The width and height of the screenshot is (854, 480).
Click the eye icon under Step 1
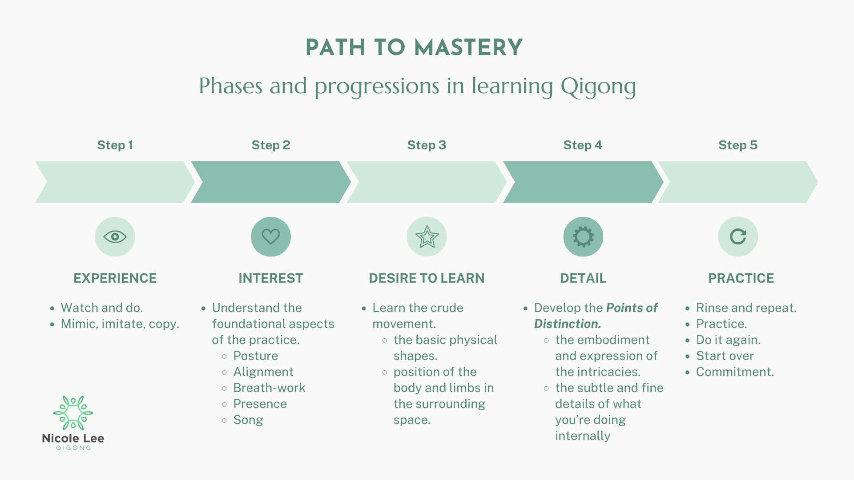point(115,236)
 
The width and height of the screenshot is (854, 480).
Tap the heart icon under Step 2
point(270,236)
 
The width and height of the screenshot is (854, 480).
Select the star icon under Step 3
point(427,236)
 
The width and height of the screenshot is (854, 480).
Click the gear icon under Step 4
point(583,236)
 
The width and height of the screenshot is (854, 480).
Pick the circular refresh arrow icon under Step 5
point(738,236)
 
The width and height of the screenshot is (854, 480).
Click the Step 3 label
point(427,145)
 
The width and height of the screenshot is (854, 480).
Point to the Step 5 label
point(738,145)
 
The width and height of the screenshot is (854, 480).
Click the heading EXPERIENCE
point(115,278)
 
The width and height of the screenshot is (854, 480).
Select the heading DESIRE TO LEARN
point(427,278)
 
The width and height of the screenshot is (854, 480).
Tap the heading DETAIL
point(583,278)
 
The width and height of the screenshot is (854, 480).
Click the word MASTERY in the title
point(468,48)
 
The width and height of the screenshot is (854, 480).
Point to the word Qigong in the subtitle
point(598,86)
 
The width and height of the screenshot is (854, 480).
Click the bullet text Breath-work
point(269,388)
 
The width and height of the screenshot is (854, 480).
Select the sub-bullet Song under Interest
point(248,420)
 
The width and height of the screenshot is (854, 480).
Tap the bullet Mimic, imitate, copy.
point(120,324)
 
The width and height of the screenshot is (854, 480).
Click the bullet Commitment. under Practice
point(735,372)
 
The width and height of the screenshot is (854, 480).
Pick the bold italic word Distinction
point(568,324)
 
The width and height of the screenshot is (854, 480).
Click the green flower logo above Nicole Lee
point(73,413)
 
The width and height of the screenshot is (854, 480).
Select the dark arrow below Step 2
point(270,182)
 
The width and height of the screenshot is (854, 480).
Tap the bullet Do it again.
point(728,340)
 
